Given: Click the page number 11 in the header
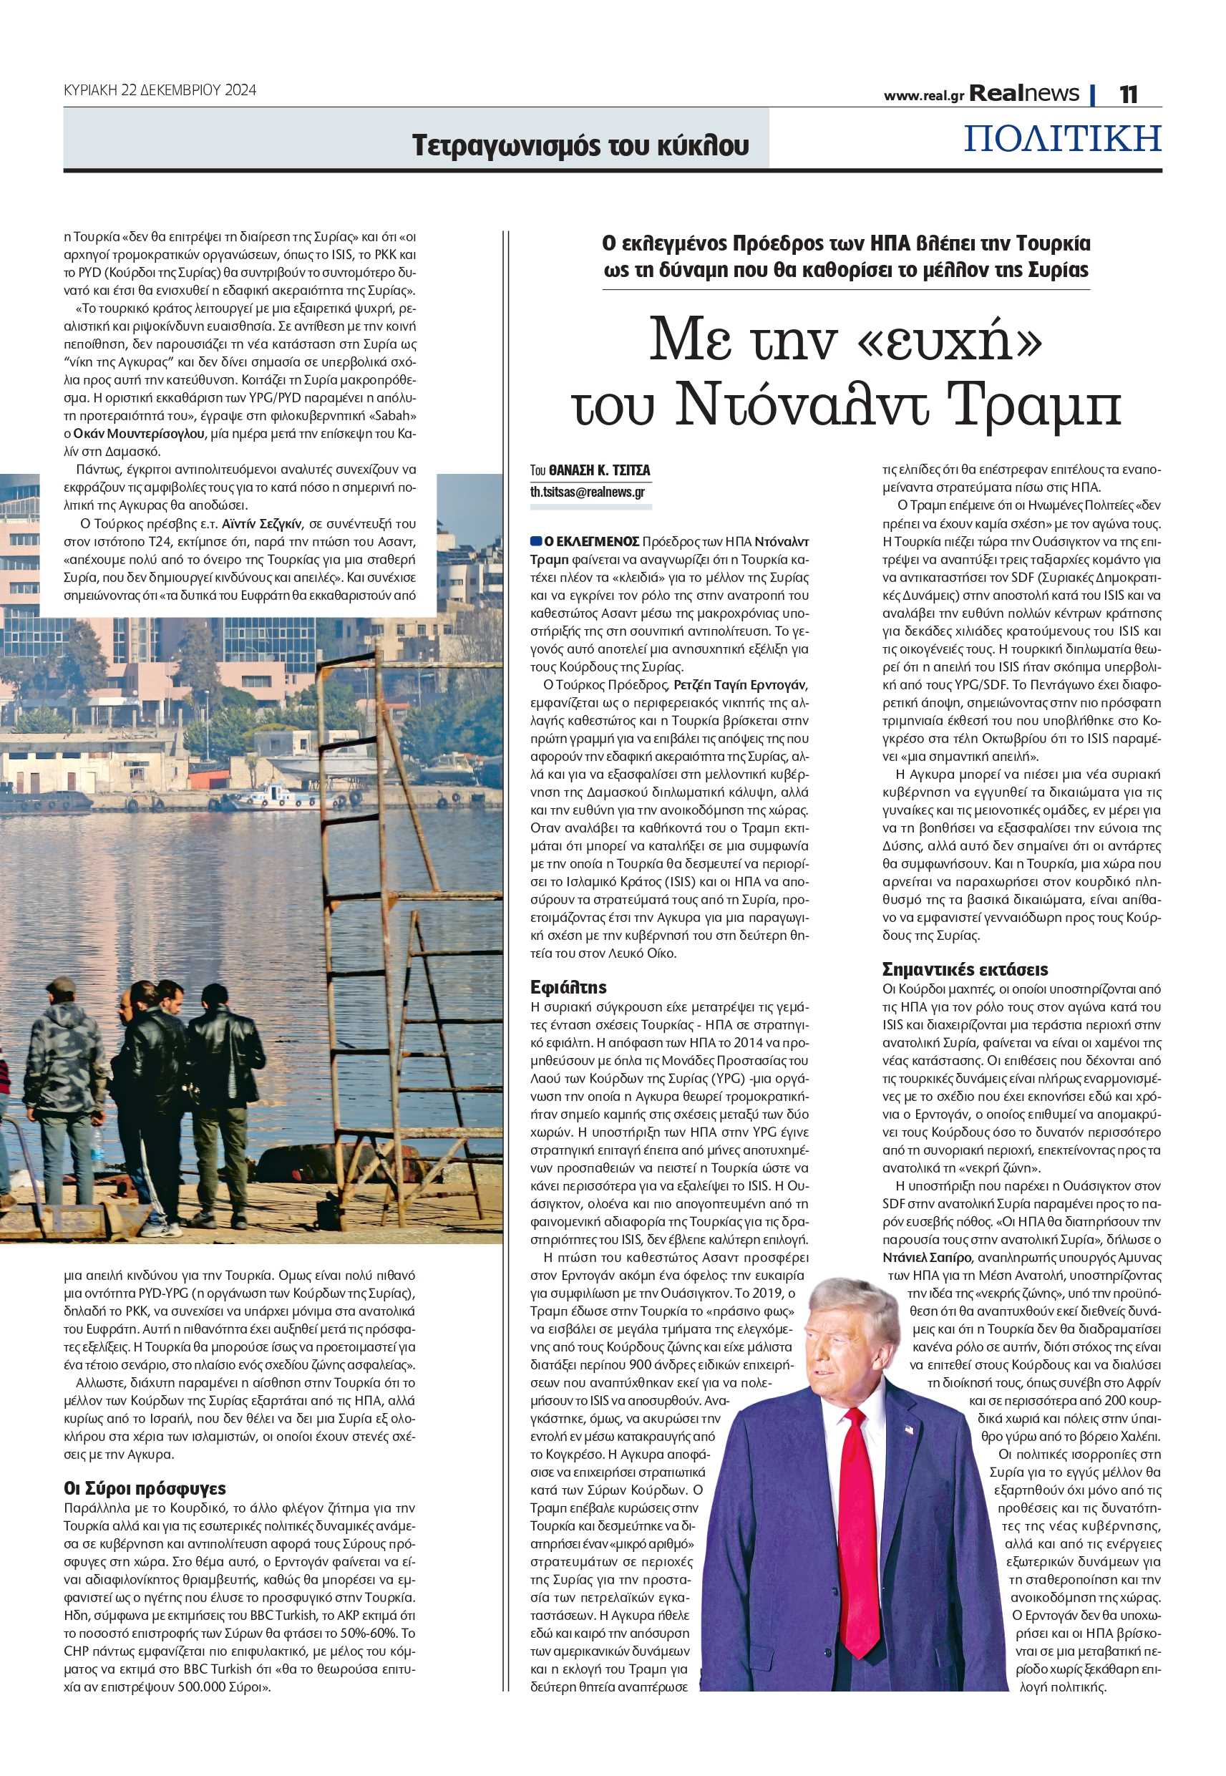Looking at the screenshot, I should pyautogui.click(x=1128, y=94).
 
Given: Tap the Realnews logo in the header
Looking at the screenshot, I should pyautogui.click(x=1023, y=94).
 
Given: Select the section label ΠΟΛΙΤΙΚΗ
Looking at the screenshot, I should pyautogui.click(x=1062, y=138).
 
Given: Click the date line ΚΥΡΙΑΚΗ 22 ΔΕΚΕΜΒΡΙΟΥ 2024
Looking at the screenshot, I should pyautogui.click(x=160, y=90).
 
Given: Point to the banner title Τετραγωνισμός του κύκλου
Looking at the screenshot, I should pyautogui.click(x=580, y=145).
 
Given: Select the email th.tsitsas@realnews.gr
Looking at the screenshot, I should pyautogui.click(x=588, y=492).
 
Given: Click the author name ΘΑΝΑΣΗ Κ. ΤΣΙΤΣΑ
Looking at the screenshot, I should pyautogui.click(x=599, y=470).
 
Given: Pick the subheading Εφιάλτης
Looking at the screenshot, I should pyautogui.click(x=568, y=987).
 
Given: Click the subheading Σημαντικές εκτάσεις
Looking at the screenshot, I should pyautogui.click(x=965, y=969).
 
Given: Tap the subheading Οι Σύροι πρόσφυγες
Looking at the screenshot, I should pyautogui.click(x=145, y=1489).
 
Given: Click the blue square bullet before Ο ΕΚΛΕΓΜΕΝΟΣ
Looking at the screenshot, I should pyautogui.click(x=536, y=542).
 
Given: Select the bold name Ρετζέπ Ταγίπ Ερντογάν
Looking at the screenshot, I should pyautogui.click(x=740, y=685).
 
